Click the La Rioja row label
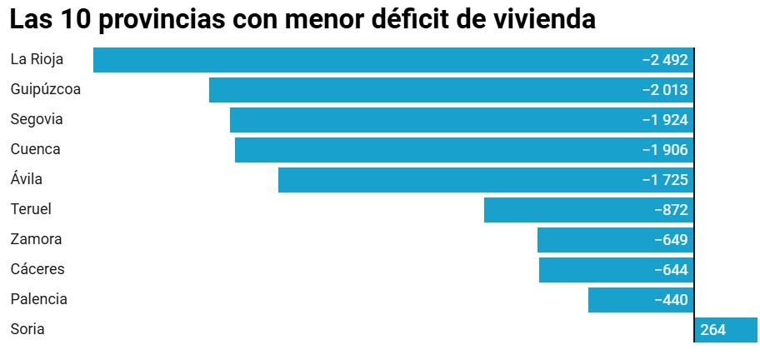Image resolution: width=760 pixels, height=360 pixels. [x=37, y=59]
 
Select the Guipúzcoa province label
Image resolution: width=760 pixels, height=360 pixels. [x=46, y=89]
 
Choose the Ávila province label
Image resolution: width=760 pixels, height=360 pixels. [x=26, y=179]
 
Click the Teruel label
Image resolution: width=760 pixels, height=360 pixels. [x=31, y=209]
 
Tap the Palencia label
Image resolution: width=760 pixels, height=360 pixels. [x=38, y=299]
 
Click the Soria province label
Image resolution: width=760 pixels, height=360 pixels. [x=27, y=329]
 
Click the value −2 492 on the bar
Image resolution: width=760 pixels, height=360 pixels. [x=664, y=60]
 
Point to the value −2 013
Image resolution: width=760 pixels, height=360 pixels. [x=664, y=90]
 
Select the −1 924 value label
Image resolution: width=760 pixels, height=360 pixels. [x=664, y=120]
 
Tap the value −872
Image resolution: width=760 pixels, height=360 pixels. [x=671, y=210]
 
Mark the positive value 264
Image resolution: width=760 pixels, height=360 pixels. [x=713, y=330]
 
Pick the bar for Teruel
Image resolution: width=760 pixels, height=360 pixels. [x=567, y=210]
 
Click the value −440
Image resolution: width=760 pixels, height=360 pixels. [x=671, y=300]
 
